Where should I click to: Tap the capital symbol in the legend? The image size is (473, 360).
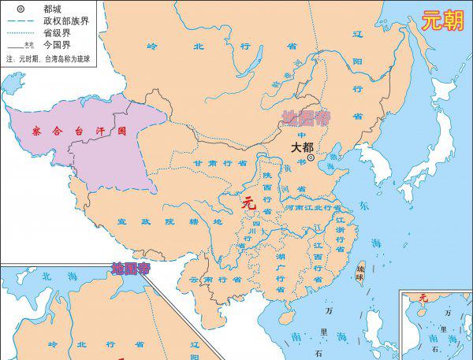[20, 8]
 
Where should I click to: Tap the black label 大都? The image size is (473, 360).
[302, 147]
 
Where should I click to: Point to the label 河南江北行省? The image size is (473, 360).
[311, 207]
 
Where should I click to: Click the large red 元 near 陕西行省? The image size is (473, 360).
[249, 203]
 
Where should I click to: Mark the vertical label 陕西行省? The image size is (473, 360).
[266, 194]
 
